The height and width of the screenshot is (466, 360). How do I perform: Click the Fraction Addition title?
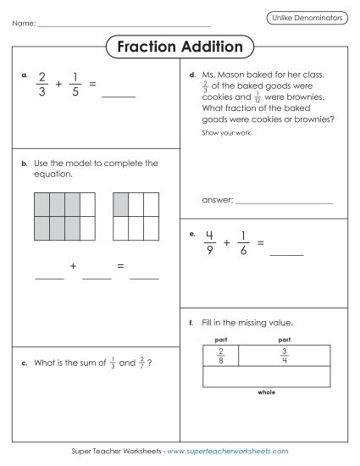coord(180,47)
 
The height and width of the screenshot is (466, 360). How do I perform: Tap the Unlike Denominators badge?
coord(305,17)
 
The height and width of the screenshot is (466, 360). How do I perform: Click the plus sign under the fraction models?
coord(74,267)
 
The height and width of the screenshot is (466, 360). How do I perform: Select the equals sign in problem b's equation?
coord(121,267)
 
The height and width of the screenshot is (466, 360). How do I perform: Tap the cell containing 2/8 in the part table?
coord(221,356)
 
